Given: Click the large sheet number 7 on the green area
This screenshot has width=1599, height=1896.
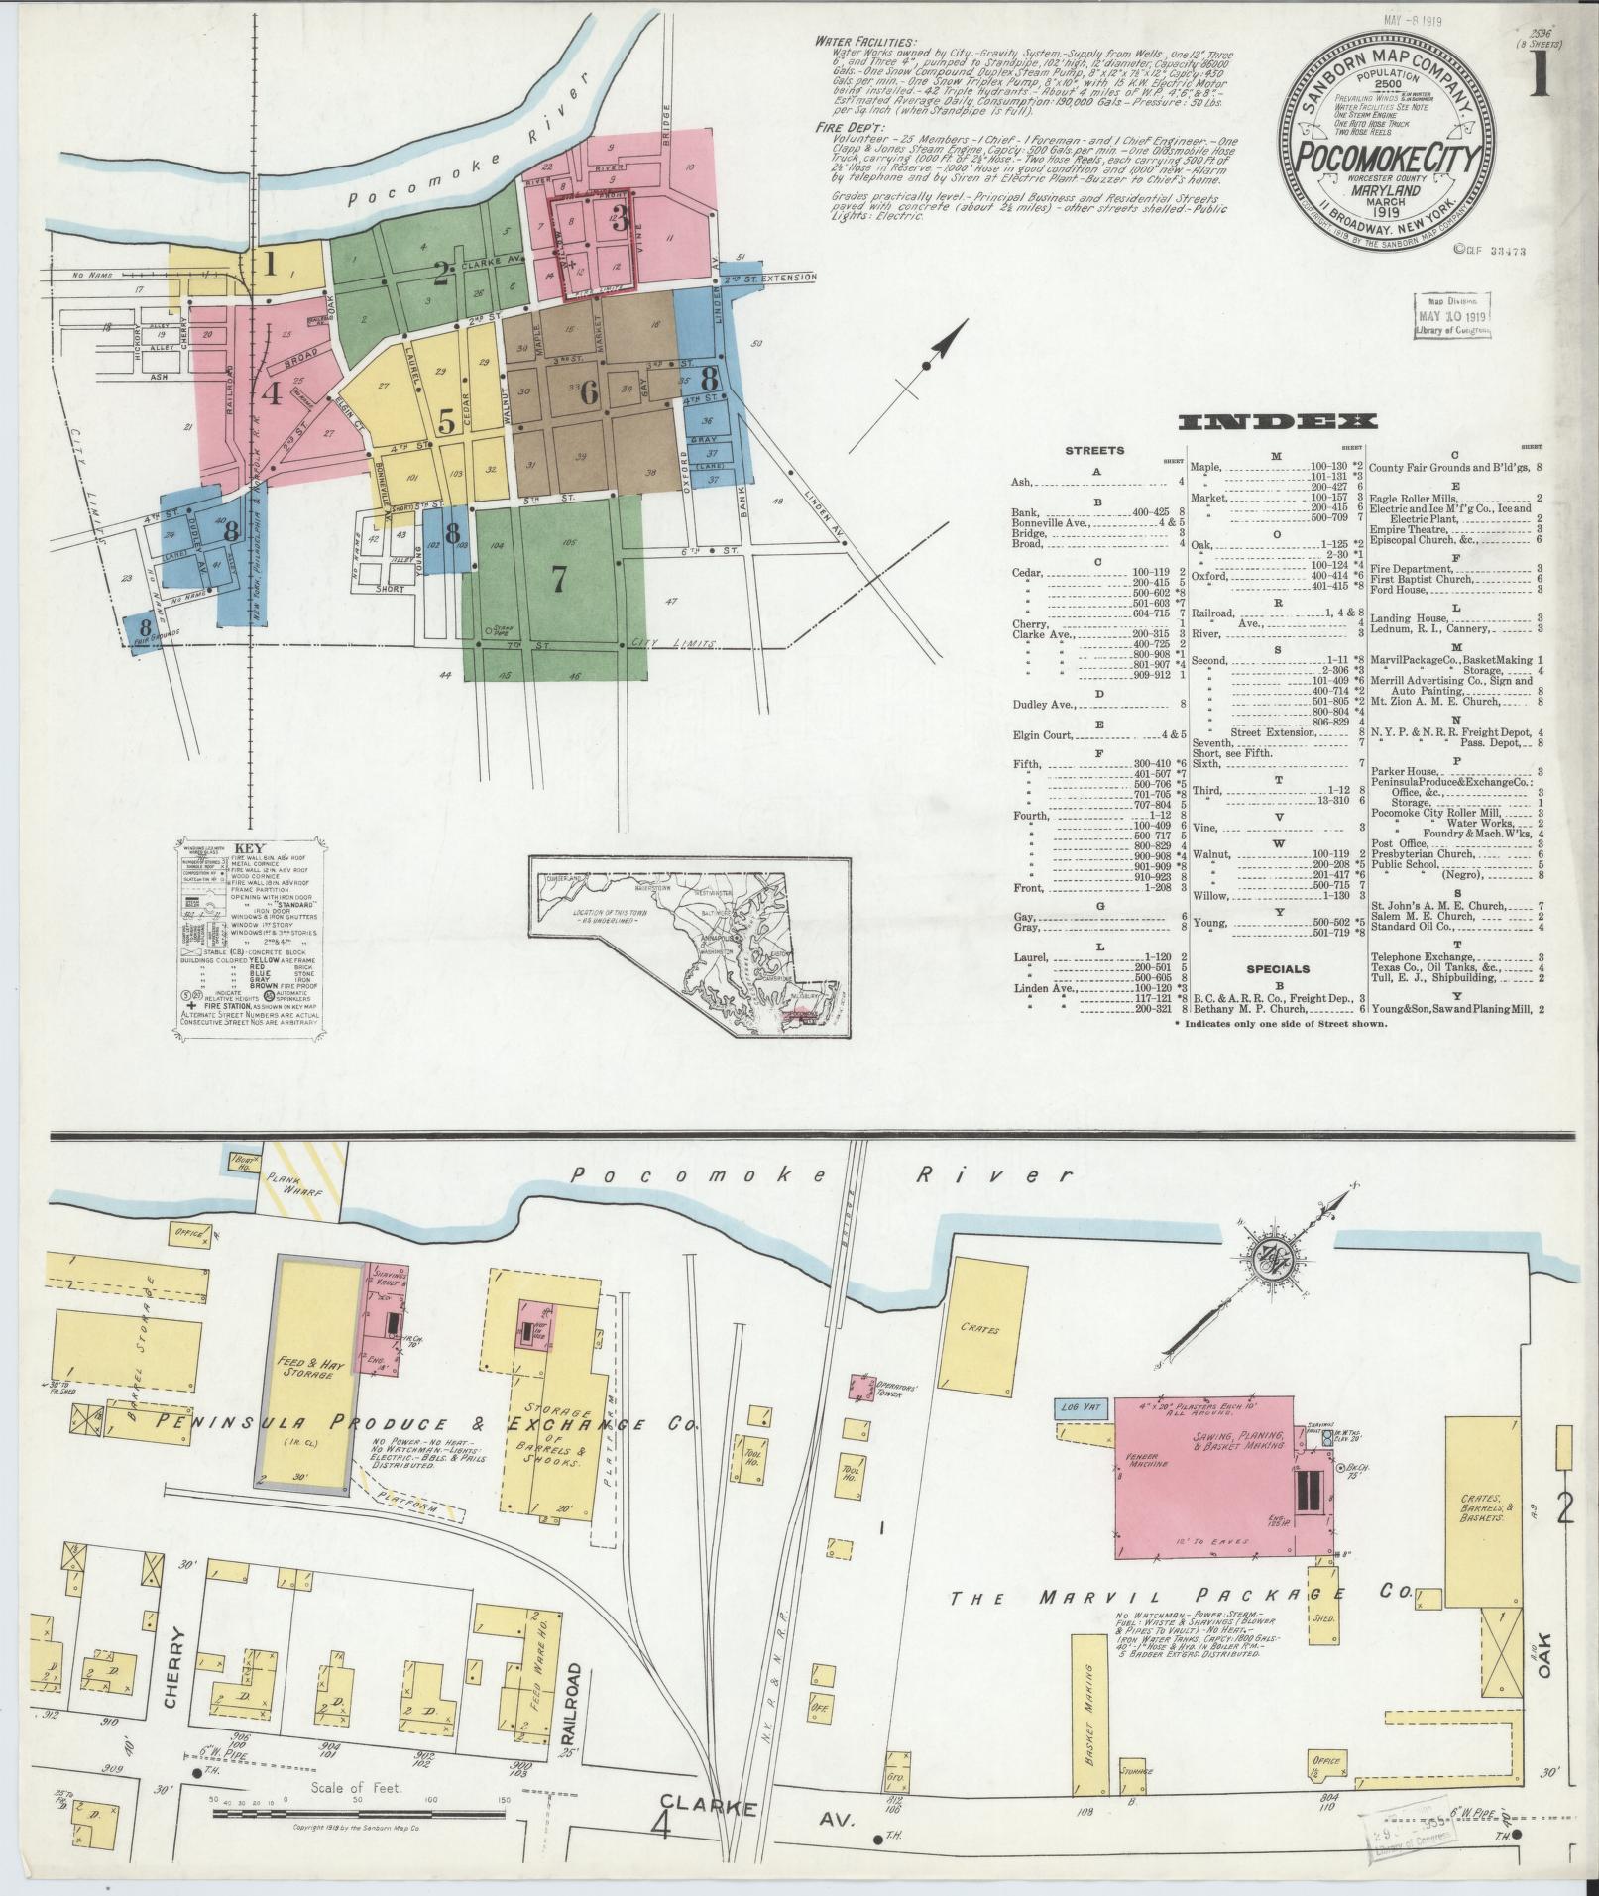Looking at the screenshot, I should (x=558, y=579).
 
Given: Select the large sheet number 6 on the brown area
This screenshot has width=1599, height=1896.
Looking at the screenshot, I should (x=589, y=392).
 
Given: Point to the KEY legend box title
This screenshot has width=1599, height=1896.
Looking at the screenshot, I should (x=249, y=850).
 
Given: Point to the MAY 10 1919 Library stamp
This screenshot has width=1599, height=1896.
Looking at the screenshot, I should (x=1453, y=318).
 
